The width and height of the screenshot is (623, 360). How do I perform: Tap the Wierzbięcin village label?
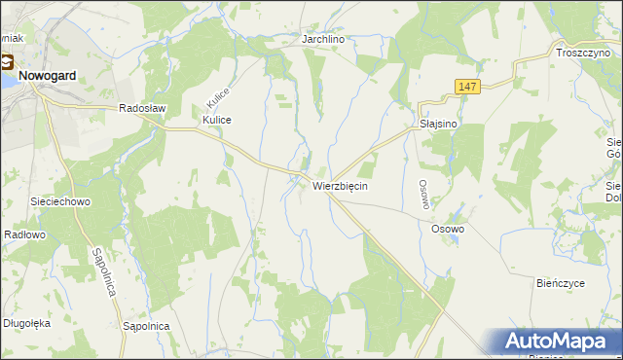coord(340,185)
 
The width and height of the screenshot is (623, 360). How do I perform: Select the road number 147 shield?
coord(468,88)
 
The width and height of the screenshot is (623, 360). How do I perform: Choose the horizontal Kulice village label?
coord(217,120)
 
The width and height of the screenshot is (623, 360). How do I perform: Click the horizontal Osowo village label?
coord(448,229)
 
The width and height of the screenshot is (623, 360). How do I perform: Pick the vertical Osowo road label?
coord(423,192)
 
